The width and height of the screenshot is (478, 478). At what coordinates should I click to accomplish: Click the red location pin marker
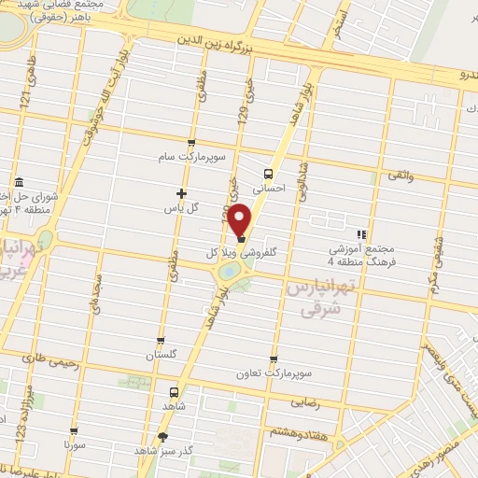(x=241, y=220)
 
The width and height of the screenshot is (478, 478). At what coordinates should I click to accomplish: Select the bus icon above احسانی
(x=269, y=173)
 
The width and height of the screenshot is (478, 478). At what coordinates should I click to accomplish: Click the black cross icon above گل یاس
(x=182, y=194)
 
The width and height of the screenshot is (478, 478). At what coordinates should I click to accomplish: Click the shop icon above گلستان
(x=161, y=341)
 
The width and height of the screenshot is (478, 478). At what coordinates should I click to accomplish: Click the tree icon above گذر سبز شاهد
(x=164, y=436)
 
